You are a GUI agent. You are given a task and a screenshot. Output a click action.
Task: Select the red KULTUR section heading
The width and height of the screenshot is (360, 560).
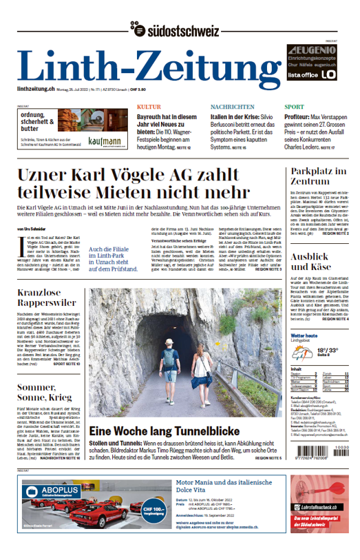point(149,107)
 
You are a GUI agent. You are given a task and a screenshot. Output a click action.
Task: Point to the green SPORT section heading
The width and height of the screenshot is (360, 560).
point(294,107)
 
